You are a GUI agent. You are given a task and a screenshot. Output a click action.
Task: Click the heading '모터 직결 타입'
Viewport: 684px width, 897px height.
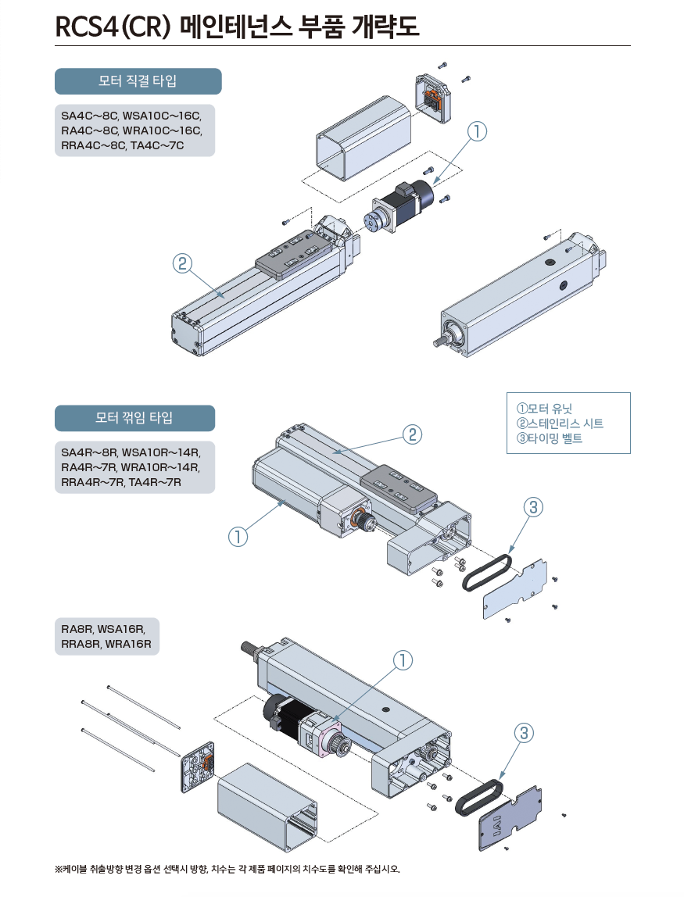click(138, 81)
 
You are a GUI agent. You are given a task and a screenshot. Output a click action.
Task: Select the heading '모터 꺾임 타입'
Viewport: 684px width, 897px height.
click(134, 418)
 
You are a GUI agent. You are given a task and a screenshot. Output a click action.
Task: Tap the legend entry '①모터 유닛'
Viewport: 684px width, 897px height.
click(545, 408)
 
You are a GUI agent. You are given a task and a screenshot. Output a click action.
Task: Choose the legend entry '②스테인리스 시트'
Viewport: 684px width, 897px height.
click(560, 423)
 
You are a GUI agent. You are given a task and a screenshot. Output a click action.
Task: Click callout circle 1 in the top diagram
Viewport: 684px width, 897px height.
click(478, 132)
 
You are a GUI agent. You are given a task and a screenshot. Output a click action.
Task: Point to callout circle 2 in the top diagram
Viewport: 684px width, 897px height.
click(181, 264)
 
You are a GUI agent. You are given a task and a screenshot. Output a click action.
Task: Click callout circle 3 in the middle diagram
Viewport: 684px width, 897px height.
click(531, 508)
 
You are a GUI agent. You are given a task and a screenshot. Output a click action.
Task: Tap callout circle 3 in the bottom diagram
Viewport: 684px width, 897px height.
click(525, 732)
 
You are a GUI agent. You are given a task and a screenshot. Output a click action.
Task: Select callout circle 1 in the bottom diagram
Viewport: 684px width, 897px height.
click(402, 661)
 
